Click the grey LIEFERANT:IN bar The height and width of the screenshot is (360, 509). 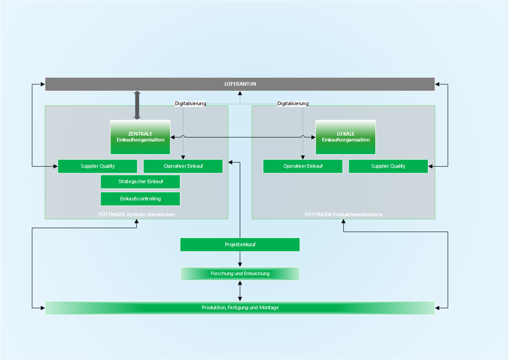pyautogui.click(x=240, y=84)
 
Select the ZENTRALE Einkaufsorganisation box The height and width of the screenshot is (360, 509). pyautogui.click(x=140, y=137)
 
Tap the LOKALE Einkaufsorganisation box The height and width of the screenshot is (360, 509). pyautogui.click(x=345, y=137)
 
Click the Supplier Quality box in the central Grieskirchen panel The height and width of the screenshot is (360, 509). pyautogui.click(x=97, y=166)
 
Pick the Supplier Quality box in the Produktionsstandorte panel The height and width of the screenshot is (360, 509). pyautogui.click(x=388, y=166)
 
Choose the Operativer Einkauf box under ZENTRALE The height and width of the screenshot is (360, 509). pyautogui.click(x=183, y=166)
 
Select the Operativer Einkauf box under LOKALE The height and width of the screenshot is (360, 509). pyautogui.click(x=302, y=166)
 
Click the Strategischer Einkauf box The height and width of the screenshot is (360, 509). pyautogui.click(x=140, y=182)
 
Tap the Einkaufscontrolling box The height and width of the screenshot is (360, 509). pyautogui.click(x=140, y=199)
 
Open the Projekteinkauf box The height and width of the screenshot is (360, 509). pyautogui.click(x=240, y=244)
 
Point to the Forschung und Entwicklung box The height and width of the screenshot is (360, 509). pyautogui.click(x=240, y=274)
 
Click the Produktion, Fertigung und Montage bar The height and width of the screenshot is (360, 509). pyautogui.click(x=240, y=308)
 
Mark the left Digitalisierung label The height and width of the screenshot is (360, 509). pyautogui.click(x=190, y=103)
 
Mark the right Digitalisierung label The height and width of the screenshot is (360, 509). pyautogui.click(x=293, y=103)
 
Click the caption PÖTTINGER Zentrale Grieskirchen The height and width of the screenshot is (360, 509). pyautogui.click(x=137, y=214)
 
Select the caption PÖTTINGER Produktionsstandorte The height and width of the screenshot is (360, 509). pyautogui.click(x=344, y=214)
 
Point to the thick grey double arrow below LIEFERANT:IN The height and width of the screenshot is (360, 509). pyautogui.click(x=137, y=105)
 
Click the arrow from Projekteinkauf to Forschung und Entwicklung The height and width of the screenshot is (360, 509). pyautogui.click(x=240, y=259)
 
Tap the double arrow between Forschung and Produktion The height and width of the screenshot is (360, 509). pyautogui.click(x=240, y=291)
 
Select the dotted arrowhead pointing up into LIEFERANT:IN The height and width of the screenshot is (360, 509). pyautogui.click(x=240, y=93)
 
